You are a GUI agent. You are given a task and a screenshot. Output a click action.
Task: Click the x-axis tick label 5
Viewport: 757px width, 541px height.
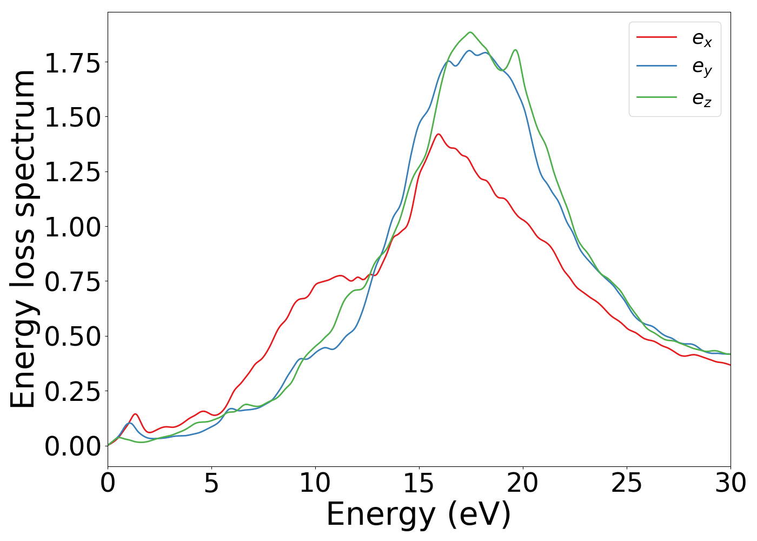(x=211, y=483)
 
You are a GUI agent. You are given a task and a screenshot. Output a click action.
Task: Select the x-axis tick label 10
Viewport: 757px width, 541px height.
(x=315, y=483)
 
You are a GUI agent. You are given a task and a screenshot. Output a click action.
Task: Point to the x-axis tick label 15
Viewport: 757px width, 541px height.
(x=419, y=483)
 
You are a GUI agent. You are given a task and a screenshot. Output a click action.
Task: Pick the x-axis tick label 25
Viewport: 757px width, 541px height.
(x=627, y=483)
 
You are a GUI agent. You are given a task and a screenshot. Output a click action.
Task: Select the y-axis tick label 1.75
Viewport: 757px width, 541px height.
(x=72, y=63)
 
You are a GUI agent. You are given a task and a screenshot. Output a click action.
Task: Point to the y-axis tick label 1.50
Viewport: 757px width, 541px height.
(x=72, y=118)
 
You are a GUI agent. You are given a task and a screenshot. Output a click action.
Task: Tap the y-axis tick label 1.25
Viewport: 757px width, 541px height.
(x=72, y=173)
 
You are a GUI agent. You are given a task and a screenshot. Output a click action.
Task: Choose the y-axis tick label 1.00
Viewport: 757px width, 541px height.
(x=72, y=227)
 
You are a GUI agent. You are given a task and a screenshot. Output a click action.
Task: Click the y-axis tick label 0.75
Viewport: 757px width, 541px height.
(x=72, y=282)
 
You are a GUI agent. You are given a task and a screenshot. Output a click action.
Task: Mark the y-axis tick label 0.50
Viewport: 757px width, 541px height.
(x=72, y=337)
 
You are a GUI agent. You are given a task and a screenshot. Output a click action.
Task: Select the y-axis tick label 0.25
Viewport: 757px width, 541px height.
(x=72, y=391)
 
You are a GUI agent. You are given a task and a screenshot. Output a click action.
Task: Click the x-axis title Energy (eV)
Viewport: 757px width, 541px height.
(x=419, y=514)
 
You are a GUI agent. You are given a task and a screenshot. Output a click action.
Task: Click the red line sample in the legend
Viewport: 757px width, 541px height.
(x=656, y=37)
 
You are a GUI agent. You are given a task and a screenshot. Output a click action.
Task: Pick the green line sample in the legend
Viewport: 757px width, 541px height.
(x=656, y=97)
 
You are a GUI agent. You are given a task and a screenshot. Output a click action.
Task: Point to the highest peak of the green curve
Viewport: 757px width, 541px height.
(x=470, y=32)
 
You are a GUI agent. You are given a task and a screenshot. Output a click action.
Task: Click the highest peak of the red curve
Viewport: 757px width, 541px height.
(x=438, y=134)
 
